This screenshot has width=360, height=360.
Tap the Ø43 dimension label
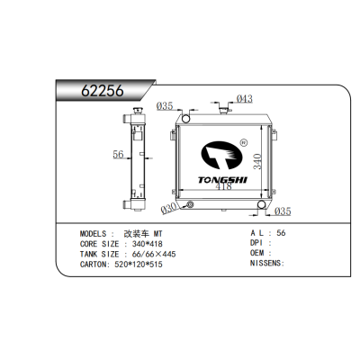pyautogui.click(x=243, y=99)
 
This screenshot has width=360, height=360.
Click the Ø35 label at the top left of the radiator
pyautogui.click(x=165, y=106)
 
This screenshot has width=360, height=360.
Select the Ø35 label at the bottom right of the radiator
pyautogui.click(x=282, y=211)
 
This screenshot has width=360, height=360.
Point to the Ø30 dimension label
pyautogui.click(x=168, y=210)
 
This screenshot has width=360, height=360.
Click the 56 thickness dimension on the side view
pyautogui.click(x=117, y=155)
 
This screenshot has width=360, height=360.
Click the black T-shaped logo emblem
pyautogui.click(x=216, y=156)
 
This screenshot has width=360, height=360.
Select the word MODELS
pyautogui.click(x=96, y=232)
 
